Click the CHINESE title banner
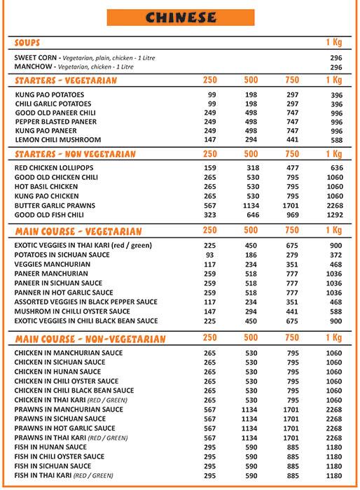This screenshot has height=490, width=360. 179,17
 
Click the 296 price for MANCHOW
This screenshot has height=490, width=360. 335,67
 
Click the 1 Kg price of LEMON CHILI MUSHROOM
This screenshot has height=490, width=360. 335,140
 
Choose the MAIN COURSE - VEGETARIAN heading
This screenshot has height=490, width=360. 78,230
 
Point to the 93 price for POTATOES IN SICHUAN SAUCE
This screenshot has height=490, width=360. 210,254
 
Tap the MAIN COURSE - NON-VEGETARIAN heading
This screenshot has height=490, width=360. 90,339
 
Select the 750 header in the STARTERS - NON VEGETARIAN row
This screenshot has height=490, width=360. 292,153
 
